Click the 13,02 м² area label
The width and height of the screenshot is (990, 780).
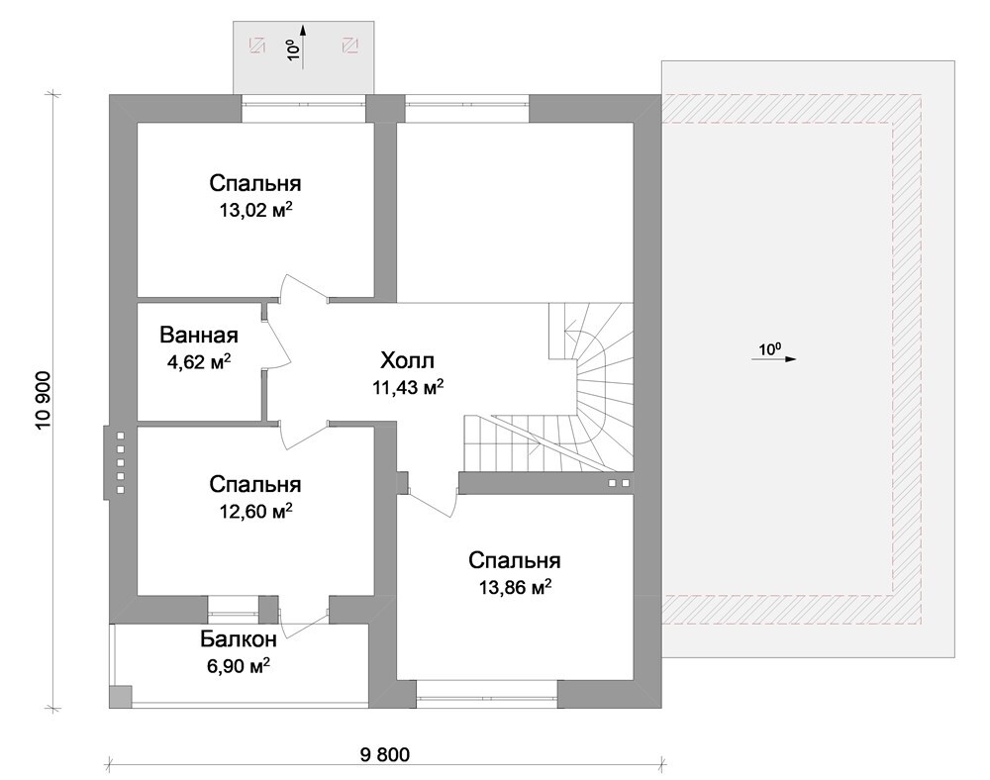(256, 210)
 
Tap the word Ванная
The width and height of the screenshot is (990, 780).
(199, 335)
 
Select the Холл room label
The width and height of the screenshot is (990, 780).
(407, 361)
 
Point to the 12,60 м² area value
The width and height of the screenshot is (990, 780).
(255, 510)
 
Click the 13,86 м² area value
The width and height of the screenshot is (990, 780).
(515, 587)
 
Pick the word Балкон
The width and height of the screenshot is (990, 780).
(239, 639)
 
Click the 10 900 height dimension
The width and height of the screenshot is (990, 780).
(45, 401)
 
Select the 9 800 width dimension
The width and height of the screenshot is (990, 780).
(384, 754)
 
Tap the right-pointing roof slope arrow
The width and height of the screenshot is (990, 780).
(774, 358)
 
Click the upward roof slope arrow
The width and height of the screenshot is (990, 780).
(303, 46)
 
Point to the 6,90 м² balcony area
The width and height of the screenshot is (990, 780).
(240, 665)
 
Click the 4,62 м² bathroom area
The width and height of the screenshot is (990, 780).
(199, 361)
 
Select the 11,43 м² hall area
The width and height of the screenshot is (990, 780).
(408, 387)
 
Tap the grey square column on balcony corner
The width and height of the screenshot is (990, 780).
(121, 696)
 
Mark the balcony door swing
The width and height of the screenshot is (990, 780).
(302, 625)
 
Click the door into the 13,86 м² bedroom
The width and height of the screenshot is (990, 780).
(430, 502)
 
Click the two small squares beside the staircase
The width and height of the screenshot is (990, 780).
(619, 483)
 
